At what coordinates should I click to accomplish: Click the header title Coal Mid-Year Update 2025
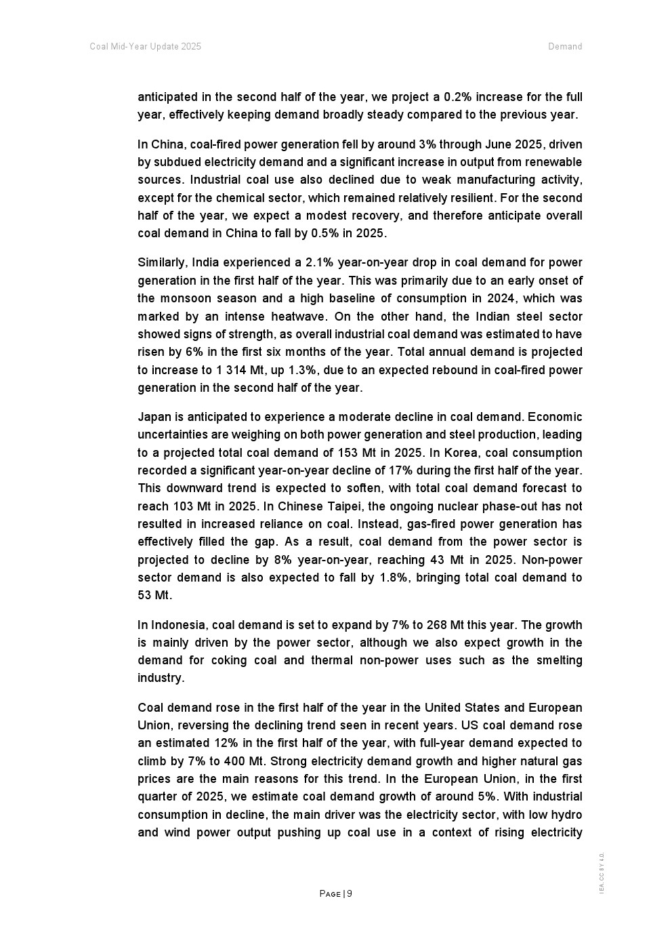pyautogui.click(x=145, y=47)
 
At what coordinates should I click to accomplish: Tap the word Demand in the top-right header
pyautogui.click(x=565, y=47)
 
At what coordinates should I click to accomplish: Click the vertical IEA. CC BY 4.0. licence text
pyautogui.click(x=601, y=873)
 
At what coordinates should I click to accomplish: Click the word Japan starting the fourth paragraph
pyautogui.click(x=152, y=417)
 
